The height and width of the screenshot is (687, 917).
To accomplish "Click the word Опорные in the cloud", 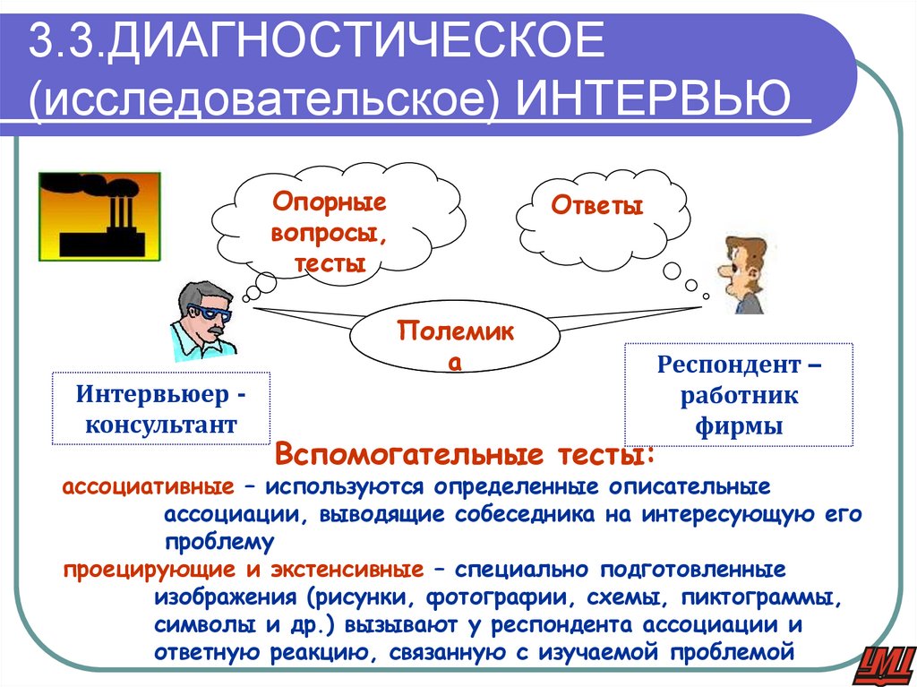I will coord(329,202).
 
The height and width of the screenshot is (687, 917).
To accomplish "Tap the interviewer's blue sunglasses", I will coord(212,312).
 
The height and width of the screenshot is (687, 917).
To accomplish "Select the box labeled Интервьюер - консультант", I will coord(161,408).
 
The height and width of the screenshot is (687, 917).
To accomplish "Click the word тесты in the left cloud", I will coord(329,265).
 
